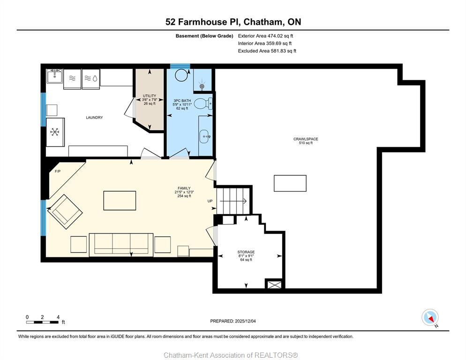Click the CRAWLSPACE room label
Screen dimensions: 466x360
(x=306, y=139)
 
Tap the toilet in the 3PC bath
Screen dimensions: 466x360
(x=203, y=104)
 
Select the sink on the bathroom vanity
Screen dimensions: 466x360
(x=204, y=136)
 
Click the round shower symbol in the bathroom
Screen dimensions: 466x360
(x=181, y=75)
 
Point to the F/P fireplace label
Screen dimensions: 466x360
(x=58, y=171)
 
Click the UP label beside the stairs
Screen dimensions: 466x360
(x=210, y=201)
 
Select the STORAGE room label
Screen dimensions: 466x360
(x=246, y=252)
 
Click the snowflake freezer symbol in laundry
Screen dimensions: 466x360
(x=55, y=132)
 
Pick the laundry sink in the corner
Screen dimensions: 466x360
(x=54, y=76)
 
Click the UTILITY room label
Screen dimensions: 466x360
(x=150, y=96)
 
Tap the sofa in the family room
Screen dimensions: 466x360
(x=121, y=245)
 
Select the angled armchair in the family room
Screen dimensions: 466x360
(x=65, y=212)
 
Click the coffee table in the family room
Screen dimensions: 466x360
(x=120, y=201)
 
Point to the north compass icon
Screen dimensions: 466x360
(x=430, y=317)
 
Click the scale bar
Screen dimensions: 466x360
(x=42, y=322)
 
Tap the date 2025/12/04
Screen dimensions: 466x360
(x=245, y=321)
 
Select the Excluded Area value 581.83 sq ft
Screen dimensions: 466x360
(x=284, y=51)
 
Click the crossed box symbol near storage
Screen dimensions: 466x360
(x=274, y=285)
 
